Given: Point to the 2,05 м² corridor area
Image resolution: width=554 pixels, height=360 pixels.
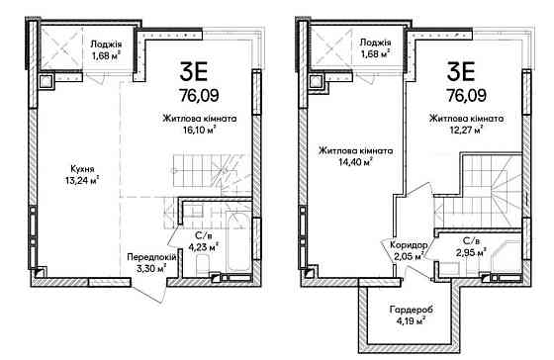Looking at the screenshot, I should [406, 255].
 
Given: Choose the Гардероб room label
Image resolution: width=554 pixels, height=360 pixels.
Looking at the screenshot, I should [406, 310].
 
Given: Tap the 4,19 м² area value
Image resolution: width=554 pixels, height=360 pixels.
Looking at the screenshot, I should [407, 321].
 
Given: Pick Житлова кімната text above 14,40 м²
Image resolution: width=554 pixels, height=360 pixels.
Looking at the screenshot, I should [354, 151].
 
